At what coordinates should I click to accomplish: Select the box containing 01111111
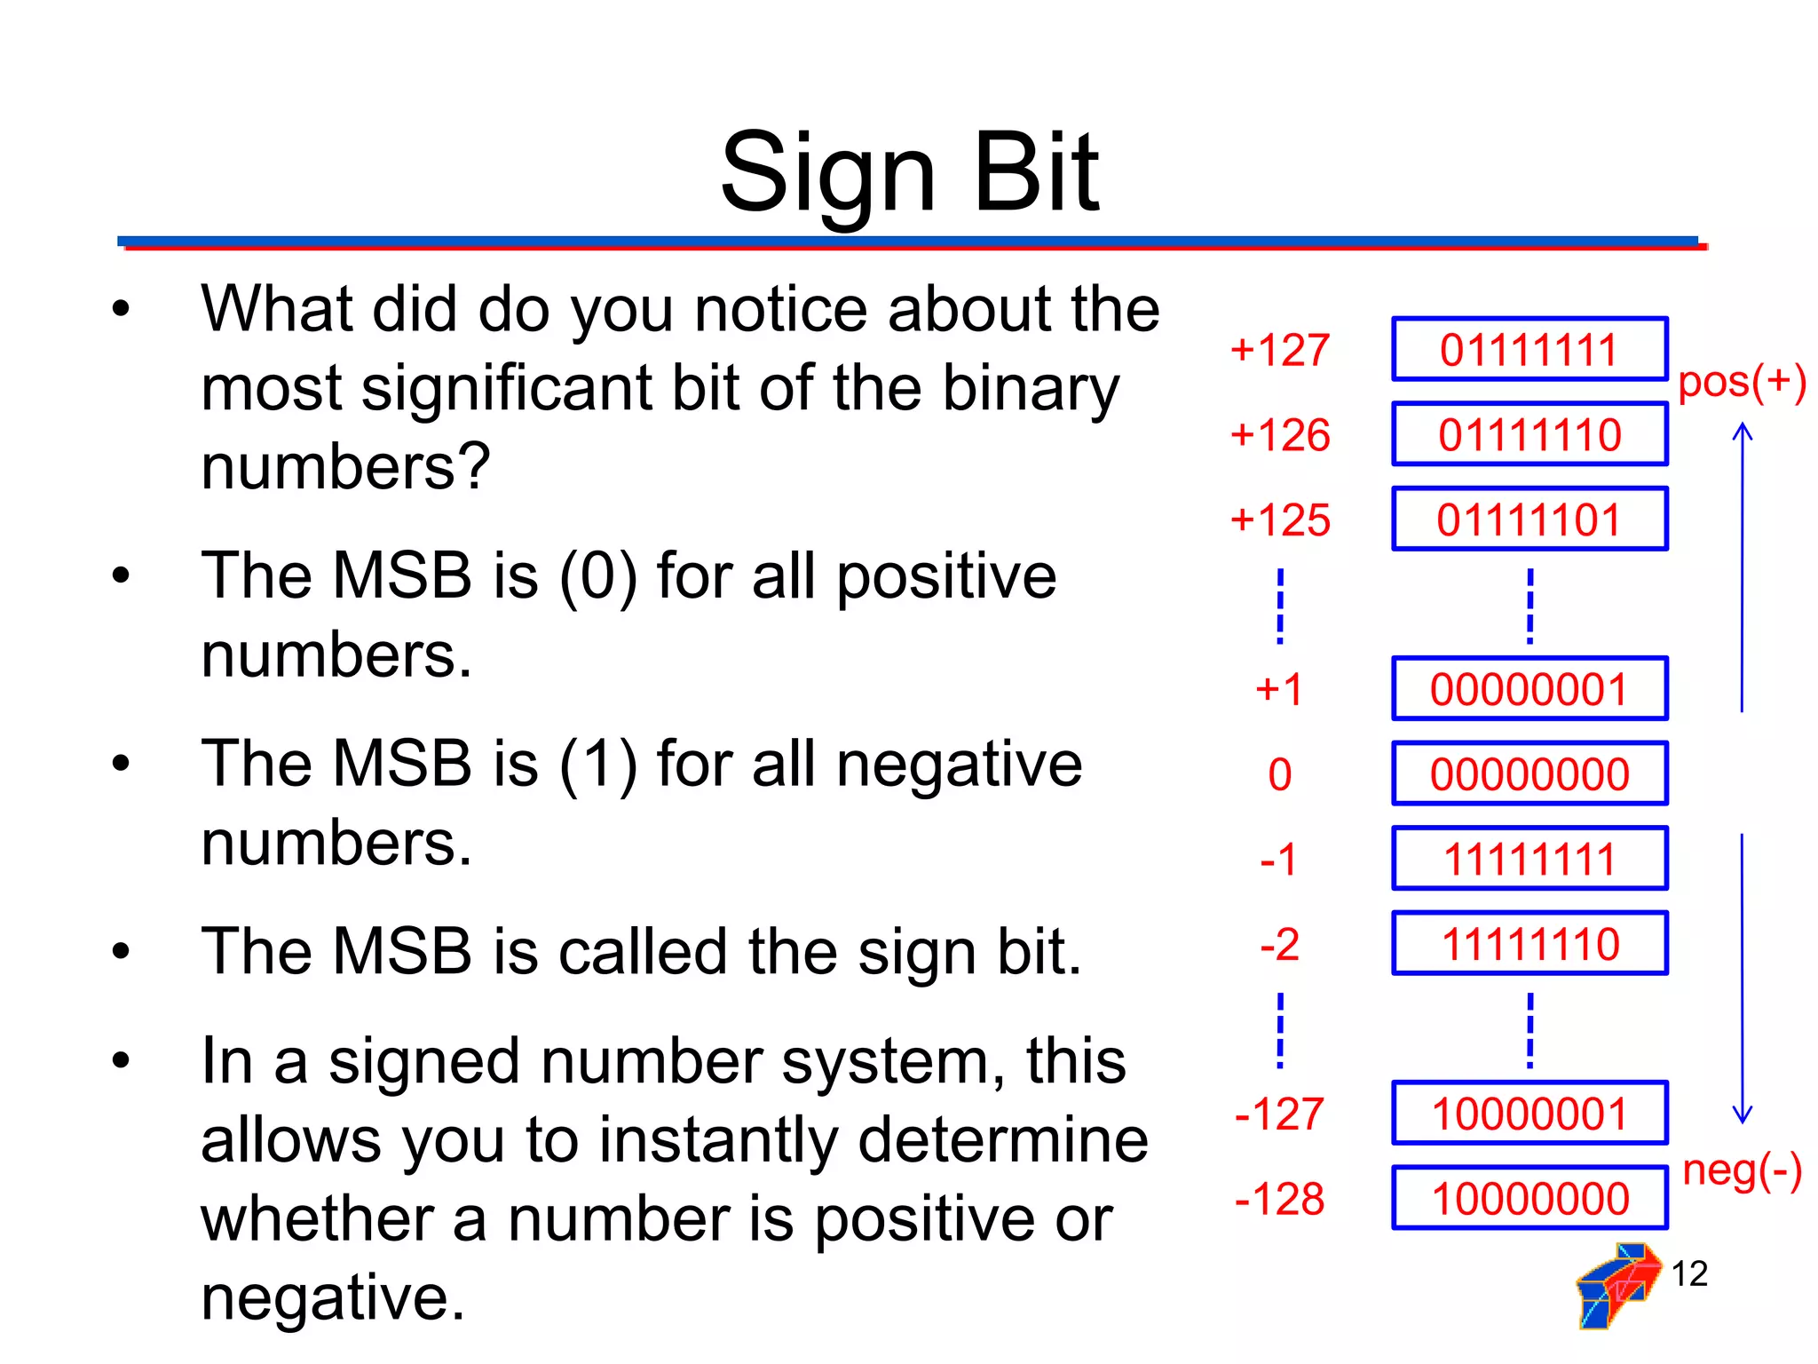[1529, 349]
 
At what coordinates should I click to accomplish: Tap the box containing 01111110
[1529, 434]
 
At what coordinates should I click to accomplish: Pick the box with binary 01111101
[1529, 519]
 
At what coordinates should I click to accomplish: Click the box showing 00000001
[1529, 689]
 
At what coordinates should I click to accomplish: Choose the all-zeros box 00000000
[1529, 773]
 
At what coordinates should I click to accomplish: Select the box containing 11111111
[1529, 859]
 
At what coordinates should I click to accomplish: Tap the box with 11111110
[1529, 943]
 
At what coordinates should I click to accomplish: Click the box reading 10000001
[1529, 1114]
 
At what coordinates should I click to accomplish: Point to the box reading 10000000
[1529, 1198]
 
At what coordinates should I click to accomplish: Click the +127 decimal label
[1280, 350]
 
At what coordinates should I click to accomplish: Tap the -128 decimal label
[1279, 1199]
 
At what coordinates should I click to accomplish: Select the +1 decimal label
[1279, 689]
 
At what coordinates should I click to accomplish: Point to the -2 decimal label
[1279, 944]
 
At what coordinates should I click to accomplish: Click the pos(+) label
[1742, 382]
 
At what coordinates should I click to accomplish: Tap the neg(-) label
[1742, 1170]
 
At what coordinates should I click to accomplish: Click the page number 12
[1689, 1274]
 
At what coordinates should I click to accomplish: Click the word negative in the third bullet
[959, 765]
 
